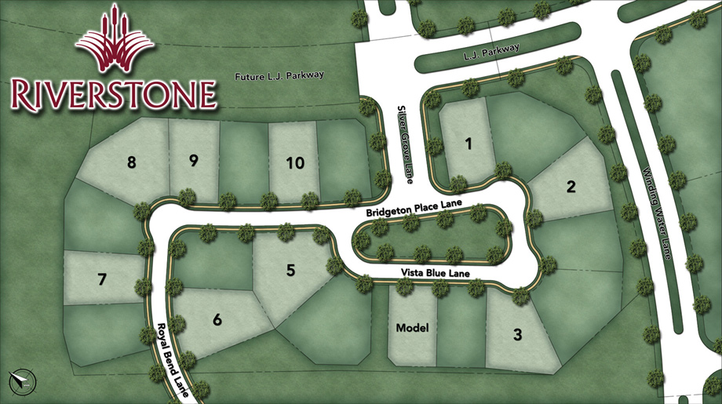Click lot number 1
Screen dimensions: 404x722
tap(469, 144)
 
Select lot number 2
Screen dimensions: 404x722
tap(571, 187)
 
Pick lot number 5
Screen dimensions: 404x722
tap(291, 271)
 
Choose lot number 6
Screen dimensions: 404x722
tap(217, 319)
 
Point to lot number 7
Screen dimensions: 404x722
tap(102, 278)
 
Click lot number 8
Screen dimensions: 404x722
tap(131, 162)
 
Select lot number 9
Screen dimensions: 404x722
tap(193, 162)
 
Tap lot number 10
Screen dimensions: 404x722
tap(294, 163)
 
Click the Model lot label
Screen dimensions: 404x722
tap(412, 328)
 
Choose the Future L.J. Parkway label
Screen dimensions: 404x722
tap(279, 76)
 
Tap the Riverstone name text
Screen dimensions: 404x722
tap(114, 93)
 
